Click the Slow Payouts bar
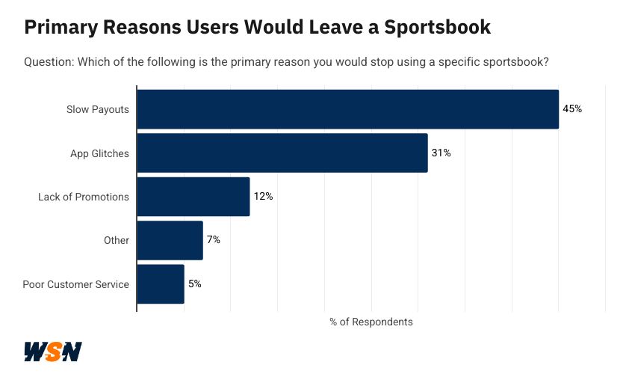(347, 109)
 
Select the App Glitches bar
(282, 153)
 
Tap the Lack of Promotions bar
(193, 197)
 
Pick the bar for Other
(170, 240)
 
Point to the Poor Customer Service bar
(160, 284)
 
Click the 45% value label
(572, 109)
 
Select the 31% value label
(441, 153)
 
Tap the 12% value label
(263, 197)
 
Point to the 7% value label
(213, 240)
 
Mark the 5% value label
(194, 284)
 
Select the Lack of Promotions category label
(84, 197)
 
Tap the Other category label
(117, 240)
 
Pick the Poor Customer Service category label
(76, 284)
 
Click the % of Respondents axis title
(371, 322)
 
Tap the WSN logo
(52, 352)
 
